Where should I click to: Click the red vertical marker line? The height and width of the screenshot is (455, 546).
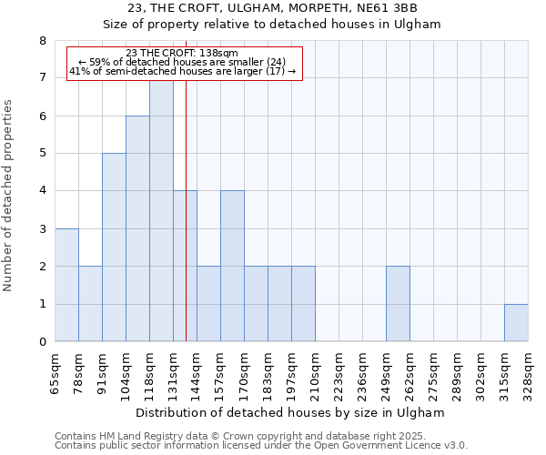pos(186,227)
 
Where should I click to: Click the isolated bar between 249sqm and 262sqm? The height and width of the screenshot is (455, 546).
pos(398,304)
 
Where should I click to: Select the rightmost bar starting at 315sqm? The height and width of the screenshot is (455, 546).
pos(516,323)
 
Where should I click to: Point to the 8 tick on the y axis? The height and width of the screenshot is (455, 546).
pos(42,41)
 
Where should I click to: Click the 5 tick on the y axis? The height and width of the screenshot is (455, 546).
pos(42,154)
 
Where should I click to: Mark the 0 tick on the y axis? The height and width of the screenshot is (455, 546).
pos(42,342)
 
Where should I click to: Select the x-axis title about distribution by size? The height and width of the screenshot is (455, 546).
pos(291,412)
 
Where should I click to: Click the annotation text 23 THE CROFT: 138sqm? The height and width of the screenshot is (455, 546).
pos(182,53)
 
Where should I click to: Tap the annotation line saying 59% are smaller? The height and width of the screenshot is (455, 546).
pos(182,62)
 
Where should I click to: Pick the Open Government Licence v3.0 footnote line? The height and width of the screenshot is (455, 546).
pos(261,446)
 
